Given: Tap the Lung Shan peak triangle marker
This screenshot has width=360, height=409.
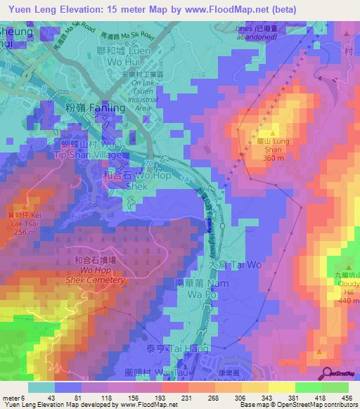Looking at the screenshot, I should (x=273, y=132).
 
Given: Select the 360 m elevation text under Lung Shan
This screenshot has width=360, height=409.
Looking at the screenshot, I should (x=274, y=157).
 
